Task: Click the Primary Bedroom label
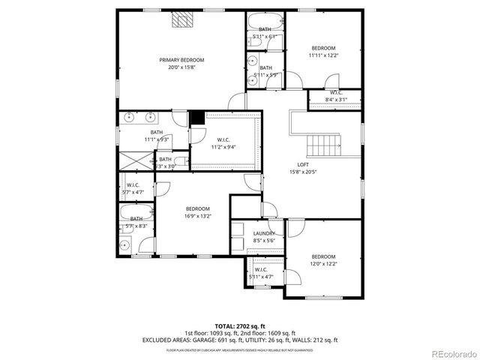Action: tap(181, 60)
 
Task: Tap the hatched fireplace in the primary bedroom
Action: tap(181, 20)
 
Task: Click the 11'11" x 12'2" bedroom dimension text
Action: tap(323, 55)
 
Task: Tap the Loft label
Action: tap(303, 164)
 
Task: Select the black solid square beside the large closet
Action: tap(196, 118)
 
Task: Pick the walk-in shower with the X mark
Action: tap(135, 159)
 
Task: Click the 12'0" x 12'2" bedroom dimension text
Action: tap(323, 263)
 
